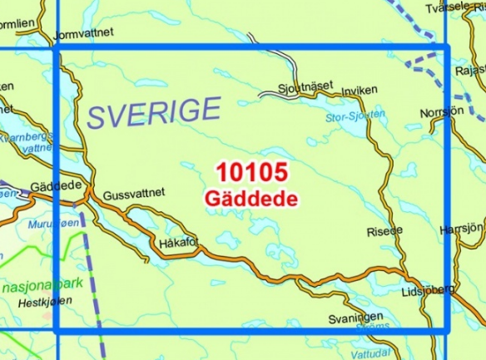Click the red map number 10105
[x=252, y=173]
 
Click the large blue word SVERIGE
[x=155, y=112]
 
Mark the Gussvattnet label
[x=135, y=194]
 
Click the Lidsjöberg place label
[x=427, y=289]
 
